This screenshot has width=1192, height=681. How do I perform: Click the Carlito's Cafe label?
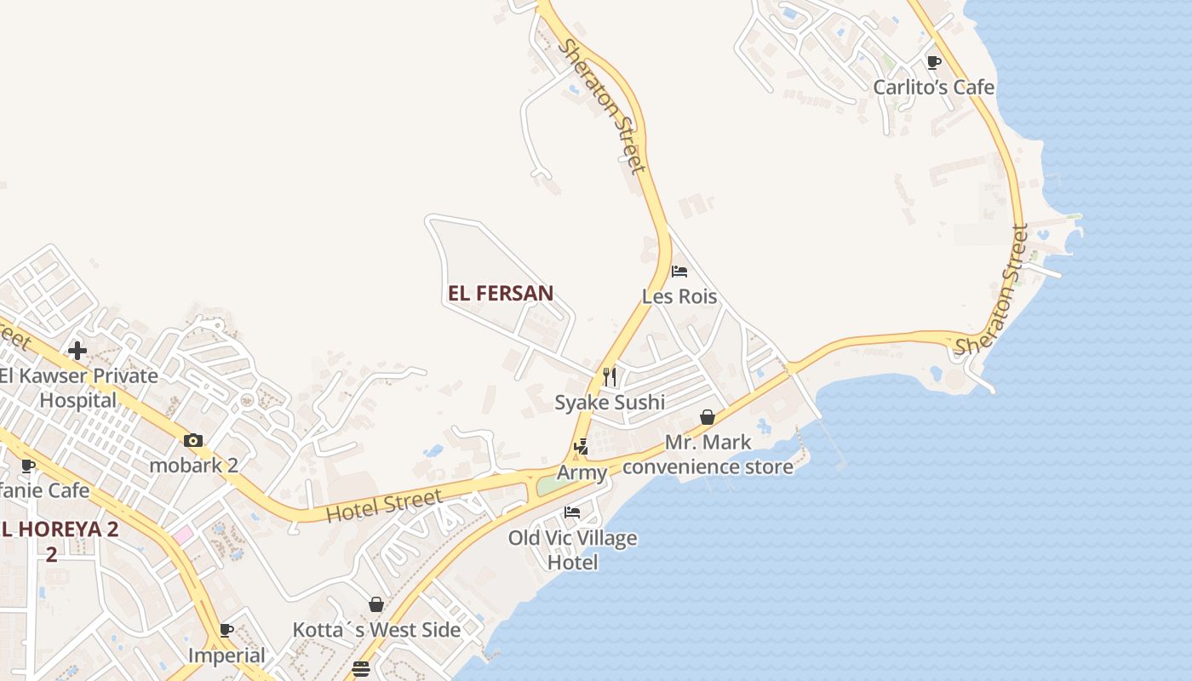[933, 87]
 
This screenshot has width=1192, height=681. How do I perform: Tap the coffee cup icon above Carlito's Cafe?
[933, 62]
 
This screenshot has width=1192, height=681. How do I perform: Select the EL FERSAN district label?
[501, 294]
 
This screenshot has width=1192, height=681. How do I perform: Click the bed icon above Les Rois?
[679, 272]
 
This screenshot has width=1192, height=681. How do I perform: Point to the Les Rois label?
[679, 297]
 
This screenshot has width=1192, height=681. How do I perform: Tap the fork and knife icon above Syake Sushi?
[610, 376]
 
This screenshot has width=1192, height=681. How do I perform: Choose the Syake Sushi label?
[610, 403]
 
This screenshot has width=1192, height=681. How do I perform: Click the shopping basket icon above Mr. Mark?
[707, 417]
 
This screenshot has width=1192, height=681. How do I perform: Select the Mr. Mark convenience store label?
[708, 455]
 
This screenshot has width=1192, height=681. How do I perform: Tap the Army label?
[582, 473]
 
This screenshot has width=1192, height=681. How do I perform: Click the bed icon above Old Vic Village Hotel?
[572, 512]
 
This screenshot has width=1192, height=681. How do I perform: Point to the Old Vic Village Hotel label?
[572, 550]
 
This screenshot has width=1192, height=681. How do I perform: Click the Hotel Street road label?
[384, 505]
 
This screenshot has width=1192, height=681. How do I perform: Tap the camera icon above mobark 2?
[193, 440]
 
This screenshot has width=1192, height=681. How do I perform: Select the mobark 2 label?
[193, 466]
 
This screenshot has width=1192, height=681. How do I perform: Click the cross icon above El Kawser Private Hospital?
[77, 350]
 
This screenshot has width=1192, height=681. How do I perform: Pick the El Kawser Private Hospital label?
[78, 388]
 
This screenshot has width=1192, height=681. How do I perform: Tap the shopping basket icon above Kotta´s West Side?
[376, 604]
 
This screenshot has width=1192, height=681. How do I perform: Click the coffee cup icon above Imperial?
[226, 631]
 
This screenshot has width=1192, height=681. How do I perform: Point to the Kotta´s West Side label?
[376, 631]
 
